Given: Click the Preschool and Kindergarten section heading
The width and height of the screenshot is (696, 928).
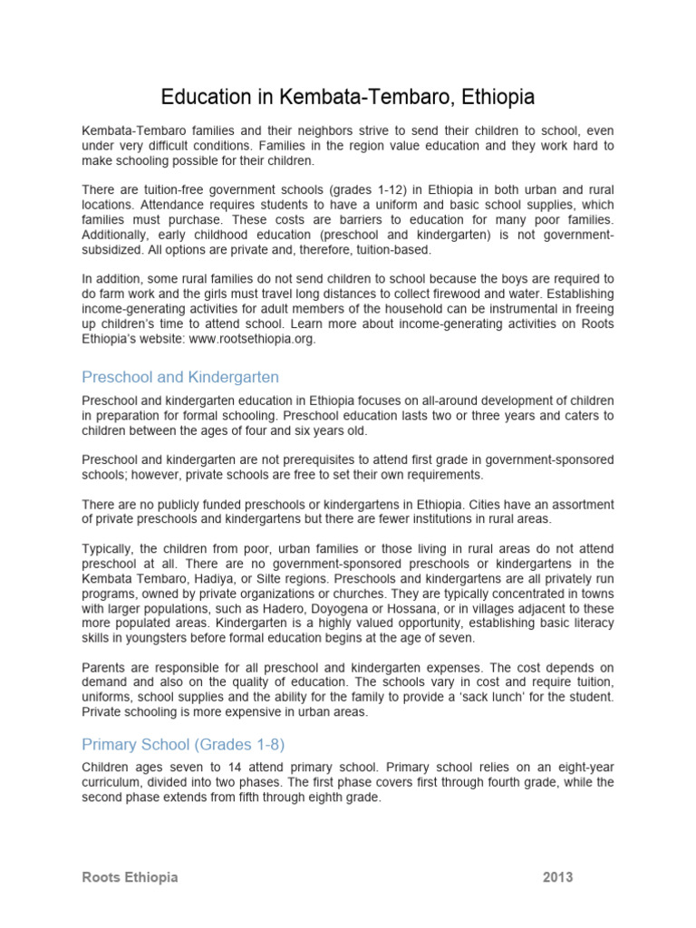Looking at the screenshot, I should coord(180,376).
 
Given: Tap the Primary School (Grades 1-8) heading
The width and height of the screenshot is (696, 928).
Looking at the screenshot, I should coord(183,744).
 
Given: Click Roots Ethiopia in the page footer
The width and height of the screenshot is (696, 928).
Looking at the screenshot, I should coord(130,877).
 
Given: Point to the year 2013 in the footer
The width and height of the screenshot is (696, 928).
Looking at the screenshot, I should coord(558,877).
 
